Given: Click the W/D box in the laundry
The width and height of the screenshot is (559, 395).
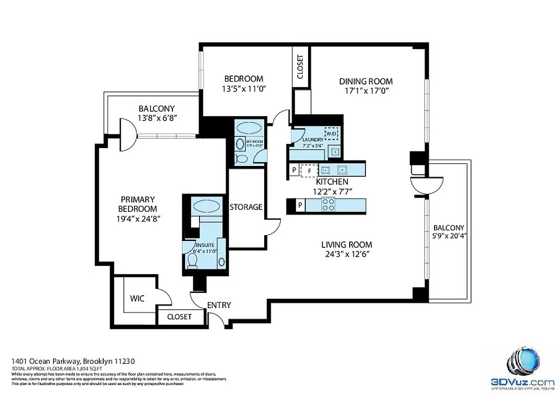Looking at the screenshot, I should (330, 133).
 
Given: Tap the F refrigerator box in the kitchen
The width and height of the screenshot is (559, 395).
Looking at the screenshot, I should (309, 171).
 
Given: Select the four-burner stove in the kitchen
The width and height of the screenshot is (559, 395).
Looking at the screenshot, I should (328, 204).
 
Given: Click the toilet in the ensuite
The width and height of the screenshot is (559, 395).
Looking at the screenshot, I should (193, 260).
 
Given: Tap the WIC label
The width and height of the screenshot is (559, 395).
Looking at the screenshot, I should (137, 299).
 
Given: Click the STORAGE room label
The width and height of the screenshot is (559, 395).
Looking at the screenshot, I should (246, 207).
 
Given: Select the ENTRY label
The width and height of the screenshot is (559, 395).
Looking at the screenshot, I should (219, 305).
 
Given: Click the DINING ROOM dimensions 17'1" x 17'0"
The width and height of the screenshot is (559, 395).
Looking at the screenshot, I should (366, 91).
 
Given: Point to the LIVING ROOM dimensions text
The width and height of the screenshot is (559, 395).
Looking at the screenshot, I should (347, 254).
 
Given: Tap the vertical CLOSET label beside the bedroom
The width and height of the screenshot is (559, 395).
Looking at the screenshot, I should (300, 67).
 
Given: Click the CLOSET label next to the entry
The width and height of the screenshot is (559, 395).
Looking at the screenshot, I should (179, 316).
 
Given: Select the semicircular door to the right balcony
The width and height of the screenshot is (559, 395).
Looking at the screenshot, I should (427, 186).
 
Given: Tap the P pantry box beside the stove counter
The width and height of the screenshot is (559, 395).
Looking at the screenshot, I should (300, 205).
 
